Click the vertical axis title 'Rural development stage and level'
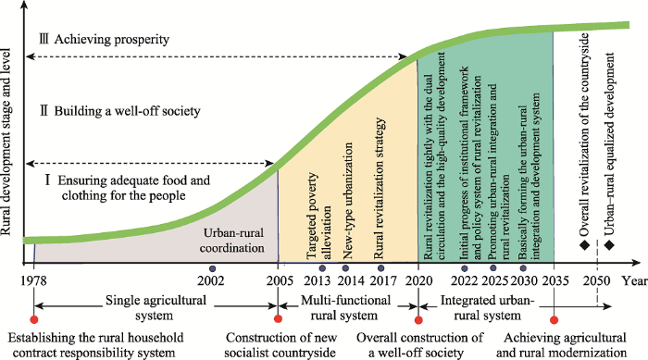pos(10,130)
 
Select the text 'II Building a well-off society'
pos(113,112)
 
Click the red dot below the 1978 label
pos(34,321)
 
